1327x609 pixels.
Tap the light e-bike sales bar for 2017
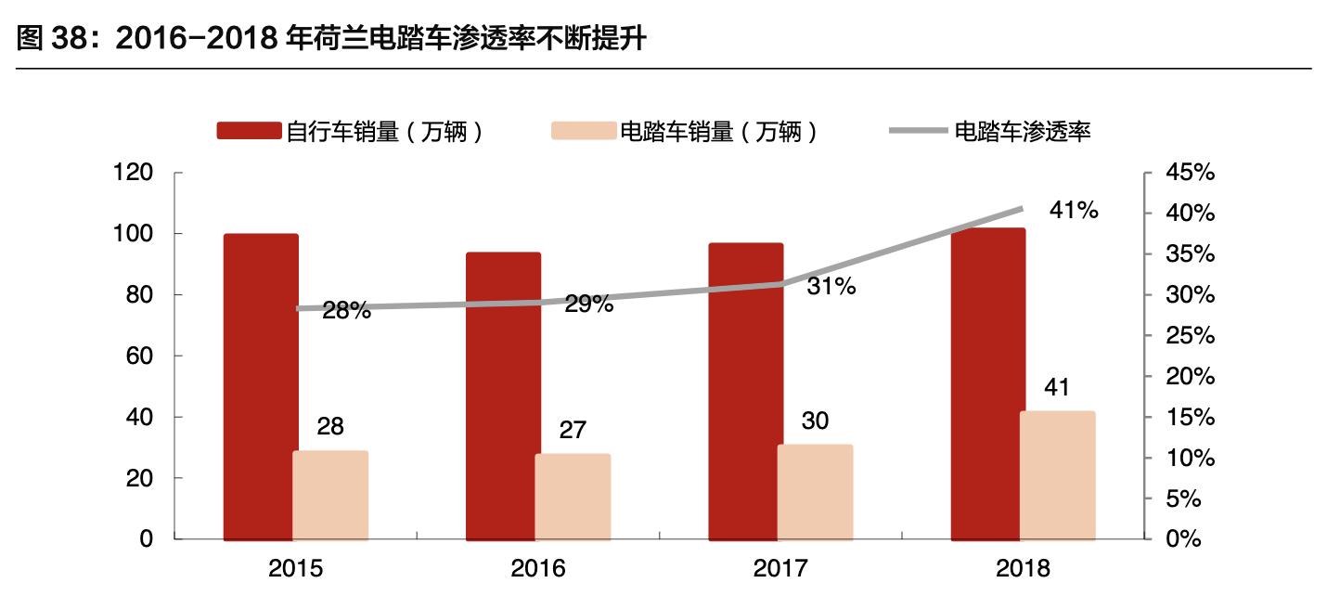815,492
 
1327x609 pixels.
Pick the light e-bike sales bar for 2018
1057,474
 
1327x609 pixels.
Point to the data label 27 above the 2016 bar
573,430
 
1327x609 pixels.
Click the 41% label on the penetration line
1074,211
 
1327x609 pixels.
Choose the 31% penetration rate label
831,287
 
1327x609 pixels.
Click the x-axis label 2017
780,568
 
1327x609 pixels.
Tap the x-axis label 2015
295,568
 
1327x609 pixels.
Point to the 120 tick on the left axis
135,173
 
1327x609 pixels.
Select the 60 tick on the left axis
141,356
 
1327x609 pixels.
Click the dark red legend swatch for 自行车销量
249,131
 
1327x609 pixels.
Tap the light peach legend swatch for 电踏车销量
583,131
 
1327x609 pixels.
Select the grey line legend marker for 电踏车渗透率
919,131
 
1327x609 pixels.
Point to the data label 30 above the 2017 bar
815,421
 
